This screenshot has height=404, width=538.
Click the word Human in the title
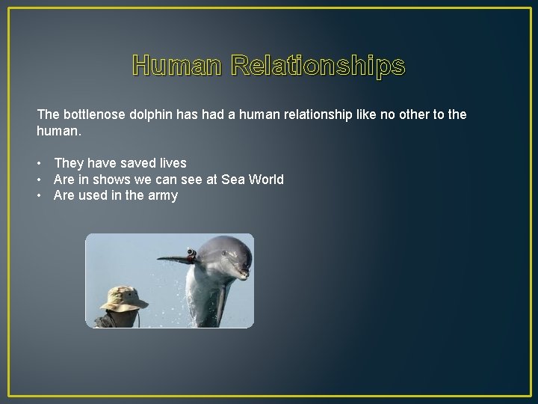tap(176, 67)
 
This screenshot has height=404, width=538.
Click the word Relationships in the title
tap(318, 67)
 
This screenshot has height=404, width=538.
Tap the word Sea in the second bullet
tap(231, 179)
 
